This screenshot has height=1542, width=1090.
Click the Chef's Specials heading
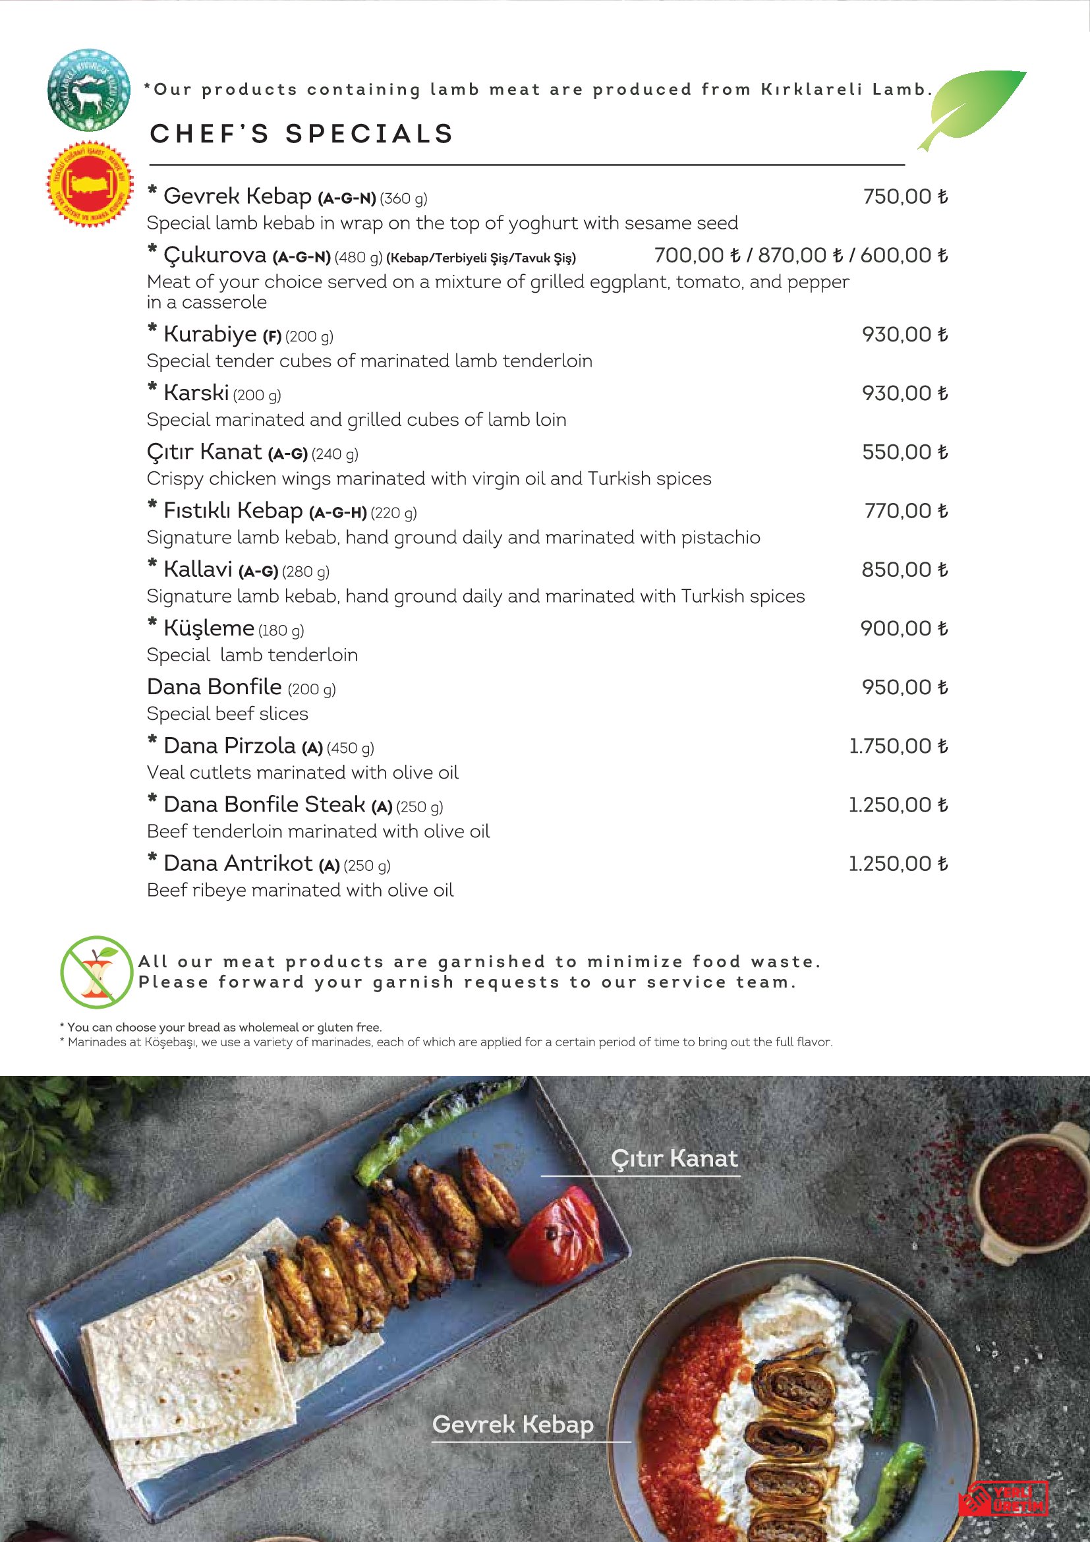302,134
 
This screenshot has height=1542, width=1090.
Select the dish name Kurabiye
210,334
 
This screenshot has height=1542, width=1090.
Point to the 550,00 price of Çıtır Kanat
904,452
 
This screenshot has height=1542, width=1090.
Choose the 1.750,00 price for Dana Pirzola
898,746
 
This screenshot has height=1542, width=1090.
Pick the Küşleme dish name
208,628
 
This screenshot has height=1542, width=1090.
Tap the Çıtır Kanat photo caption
674,1158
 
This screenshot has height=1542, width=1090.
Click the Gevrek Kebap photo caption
513,1424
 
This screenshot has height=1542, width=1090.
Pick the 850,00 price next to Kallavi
904,570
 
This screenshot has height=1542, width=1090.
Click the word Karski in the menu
196,393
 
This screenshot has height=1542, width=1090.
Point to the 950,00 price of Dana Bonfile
904,687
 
